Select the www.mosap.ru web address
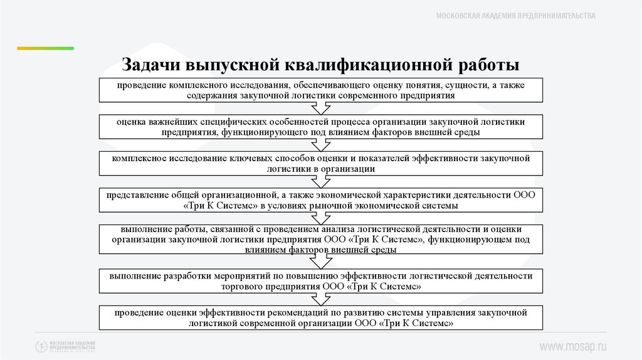point(574,346)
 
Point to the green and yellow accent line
point(45,48)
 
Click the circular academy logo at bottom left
point(41,346)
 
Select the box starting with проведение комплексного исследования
point(321,90)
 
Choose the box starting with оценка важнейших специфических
point(321,127)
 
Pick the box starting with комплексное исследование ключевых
point(321,163)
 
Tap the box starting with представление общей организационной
point(321,200)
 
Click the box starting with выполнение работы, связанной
point(321,239)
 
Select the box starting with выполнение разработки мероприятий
point(321,280)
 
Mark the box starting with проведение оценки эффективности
point(321,317)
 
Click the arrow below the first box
point(321,108)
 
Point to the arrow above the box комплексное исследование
point(321,145)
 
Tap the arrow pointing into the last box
point(321,299)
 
